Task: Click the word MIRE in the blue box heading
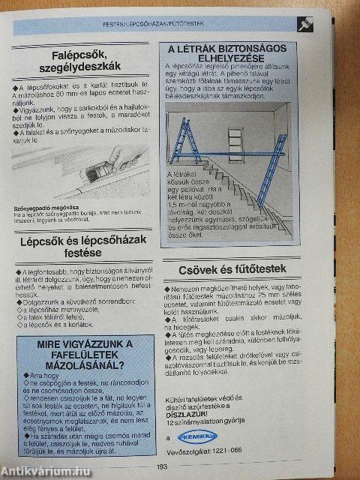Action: pos(52,346)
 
